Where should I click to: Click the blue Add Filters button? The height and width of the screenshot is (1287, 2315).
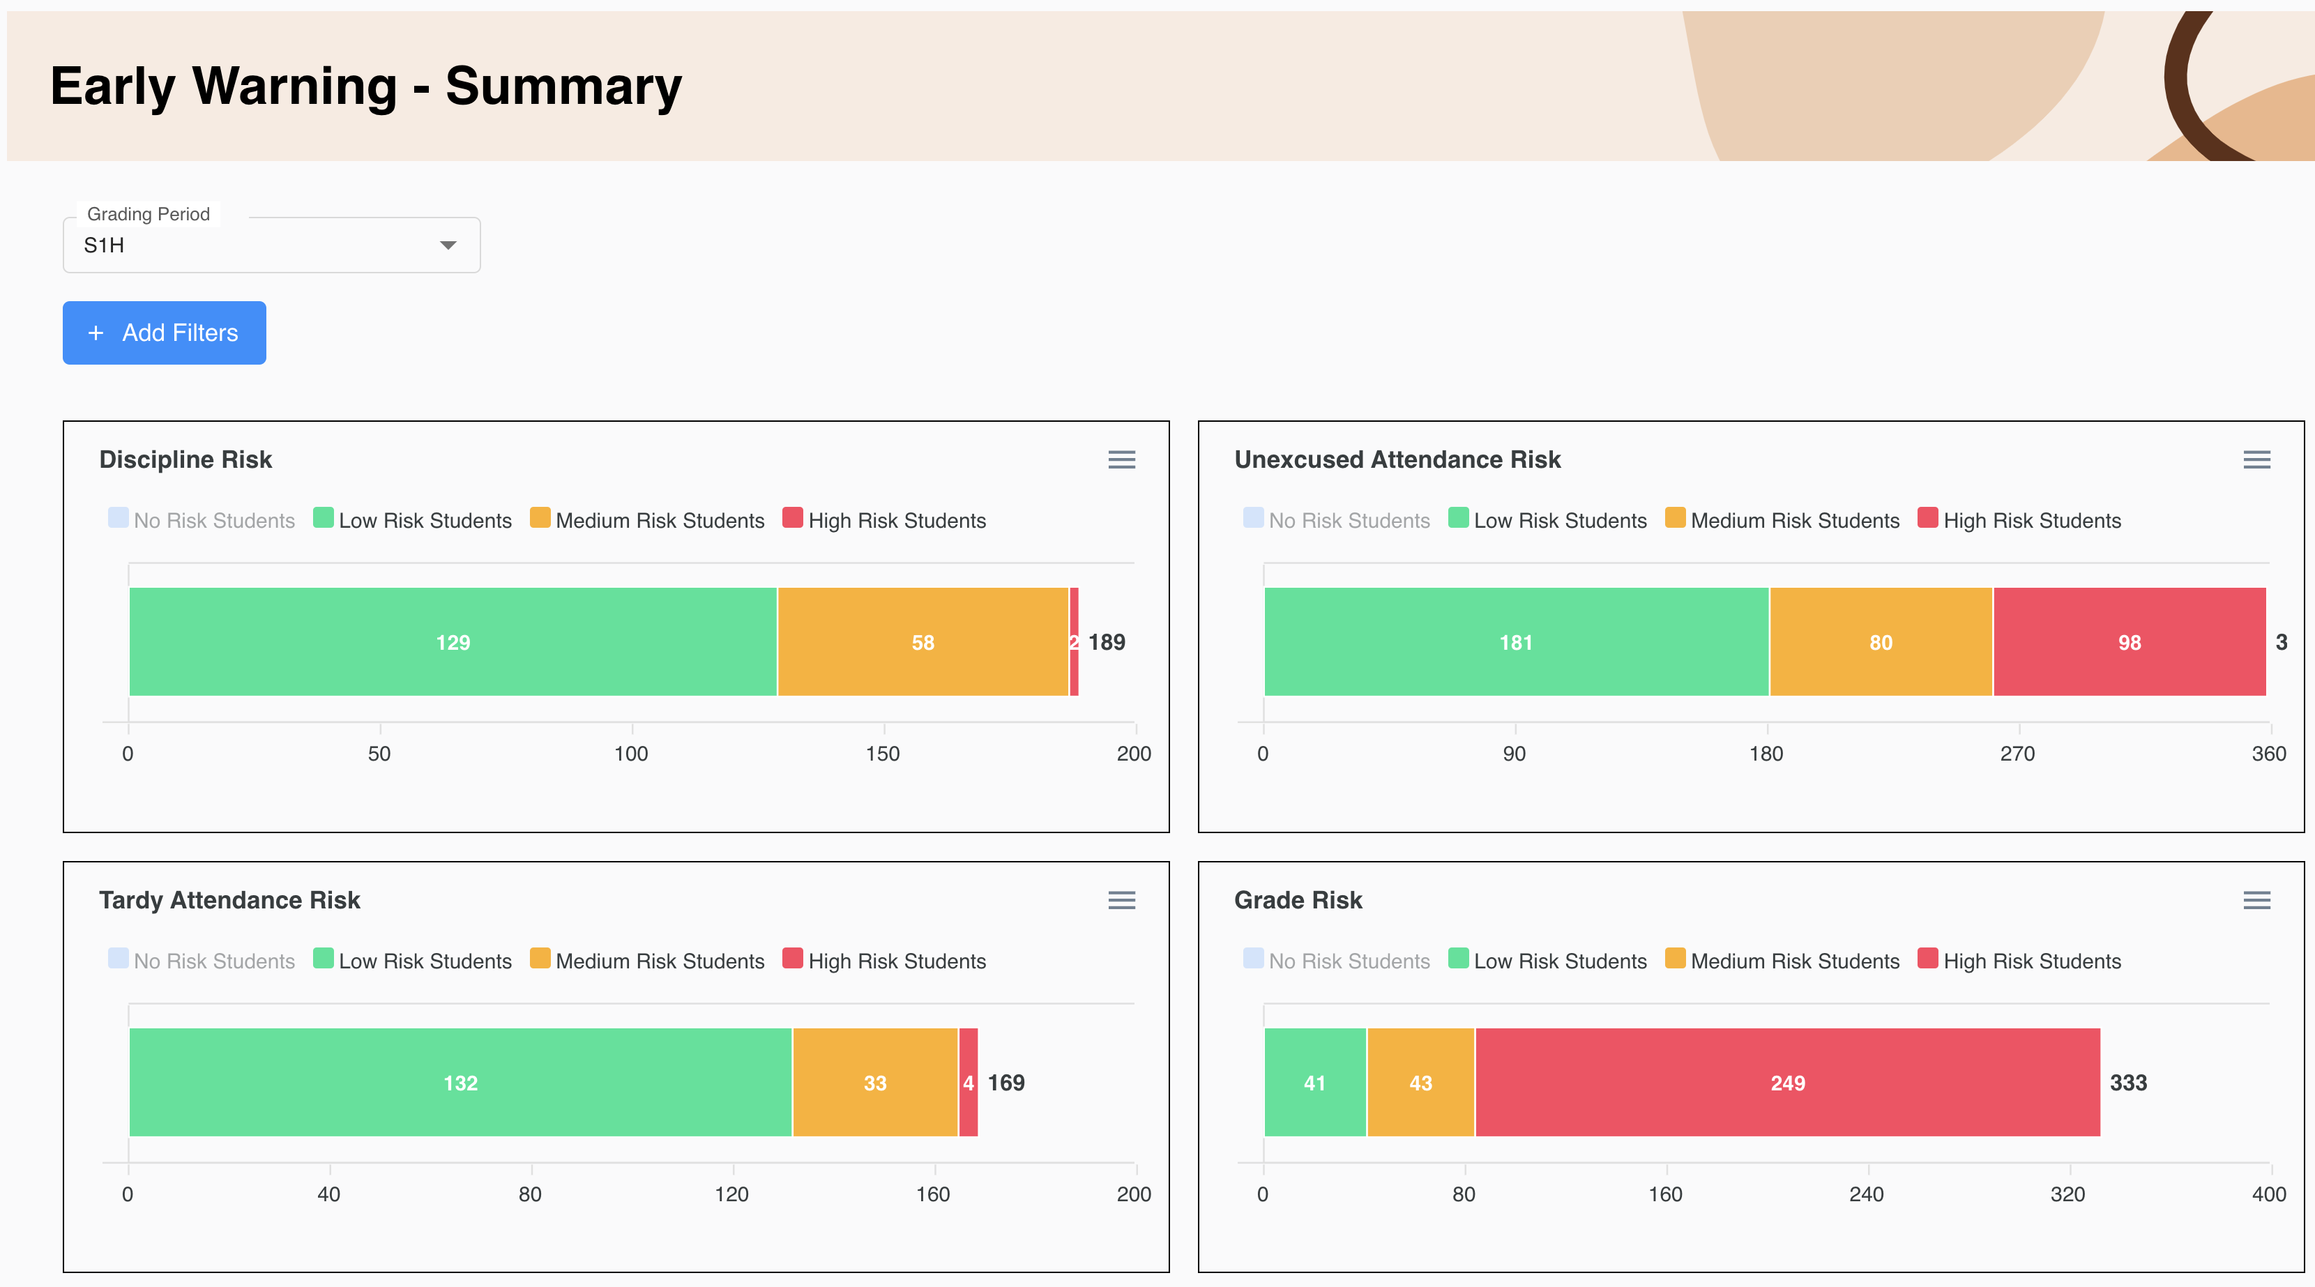165,333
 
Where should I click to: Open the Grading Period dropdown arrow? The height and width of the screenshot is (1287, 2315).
448,245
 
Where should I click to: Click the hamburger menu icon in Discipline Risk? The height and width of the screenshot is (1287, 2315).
1121,460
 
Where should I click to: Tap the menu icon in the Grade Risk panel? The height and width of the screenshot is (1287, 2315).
2256,901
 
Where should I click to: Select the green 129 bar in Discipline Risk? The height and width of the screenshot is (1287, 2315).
453,641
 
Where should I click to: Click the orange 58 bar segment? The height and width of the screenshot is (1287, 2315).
923,641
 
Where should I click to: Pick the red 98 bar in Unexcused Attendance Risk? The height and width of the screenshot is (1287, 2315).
2128,641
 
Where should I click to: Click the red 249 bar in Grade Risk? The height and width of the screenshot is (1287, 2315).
1786,1082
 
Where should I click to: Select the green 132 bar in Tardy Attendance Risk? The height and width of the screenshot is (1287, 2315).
460,1082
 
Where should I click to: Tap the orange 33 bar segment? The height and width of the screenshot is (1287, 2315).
874,1082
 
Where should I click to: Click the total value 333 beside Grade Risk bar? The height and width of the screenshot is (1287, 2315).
2127,1082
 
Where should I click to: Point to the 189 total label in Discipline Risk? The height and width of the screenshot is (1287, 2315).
1107,641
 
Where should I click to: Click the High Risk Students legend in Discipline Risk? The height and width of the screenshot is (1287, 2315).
896,520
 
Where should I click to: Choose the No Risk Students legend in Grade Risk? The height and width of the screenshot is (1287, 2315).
1348,961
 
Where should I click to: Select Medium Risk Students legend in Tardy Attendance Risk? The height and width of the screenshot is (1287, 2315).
659,961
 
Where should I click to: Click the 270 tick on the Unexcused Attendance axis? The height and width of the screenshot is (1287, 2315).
2017,753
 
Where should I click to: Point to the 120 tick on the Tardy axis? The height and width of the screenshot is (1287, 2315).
731,1194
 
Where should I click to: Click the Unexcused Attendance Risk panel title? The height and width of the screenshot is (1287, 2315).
1397,459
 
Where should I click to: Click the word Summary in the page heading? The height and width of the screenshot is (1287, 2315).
563,86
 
